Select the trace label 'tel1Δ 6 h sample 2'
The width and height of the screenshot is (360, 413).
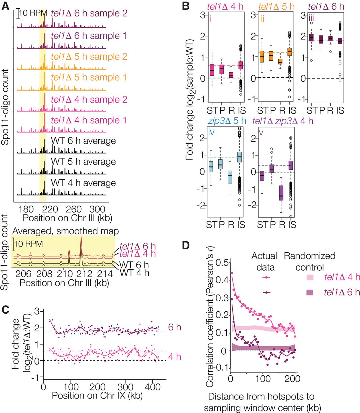pyautogui.click(x=89, y=13)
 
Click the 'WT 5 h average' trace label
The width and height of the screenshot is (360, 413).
pyautogui.click(x=83, y=162)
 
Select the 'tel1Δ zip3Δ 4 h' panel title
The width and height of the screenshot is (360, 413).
pyautogui.click(x=283, y=121)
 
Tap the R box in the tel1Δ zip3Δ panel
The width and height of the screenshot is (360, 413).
pyautogui.click(x=282, y=193)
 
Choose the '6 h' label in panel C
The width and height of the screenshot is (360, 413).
pyautogui.click(x=175, y=327)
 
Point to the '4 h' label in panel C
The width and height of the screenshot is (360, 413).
pyautogui.click(x=175, y=357)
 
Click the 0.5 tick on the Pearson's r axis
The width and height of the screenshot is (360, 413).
pyautogui.click(x=222, y=262)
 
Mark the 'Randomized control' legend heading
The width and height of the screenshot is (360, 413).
pyautogui.click(x=309, y=261)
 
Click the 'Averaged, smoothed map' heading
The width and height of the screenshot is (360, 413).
pyautogui.click(x=65, y=231)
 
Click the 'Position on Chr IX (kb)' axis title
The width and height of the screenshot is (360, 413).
pyautogui.click(x=97, y=395)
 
